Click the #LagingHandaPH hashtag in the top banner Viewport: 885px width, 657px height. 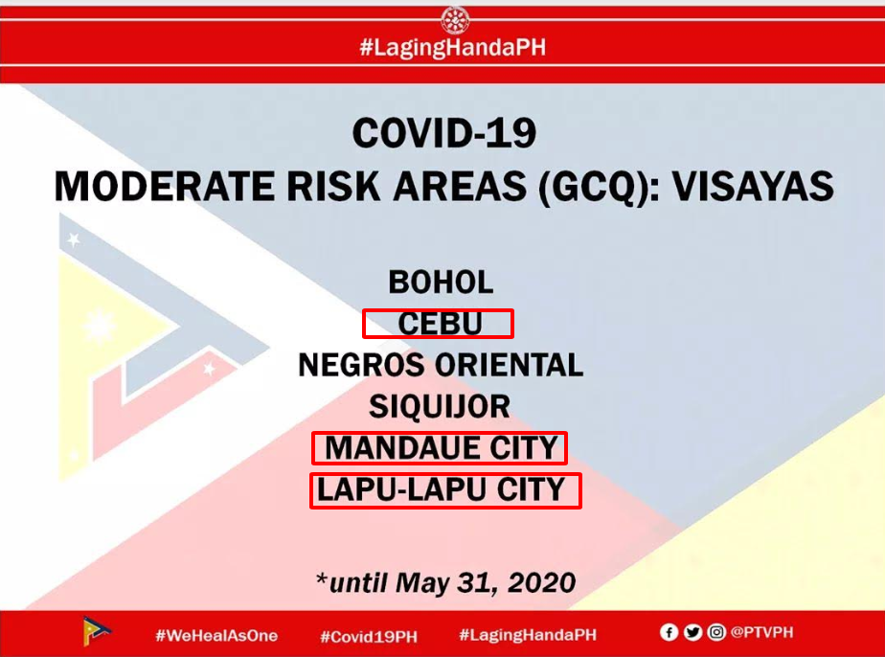click(453, 48)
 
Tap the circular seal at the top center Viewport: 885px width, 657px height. click(455, 20)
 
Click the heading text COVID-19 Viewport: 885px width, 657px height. click(444, 134)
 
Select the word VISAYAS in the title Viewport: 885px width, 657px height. click(753, 187)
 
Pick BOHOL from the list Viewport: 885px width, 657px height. click(441, 283)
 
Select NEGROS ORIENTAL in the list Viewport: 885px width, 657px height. click(441, 365)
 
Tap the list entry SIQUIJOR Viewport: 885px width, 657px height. click(440, 406)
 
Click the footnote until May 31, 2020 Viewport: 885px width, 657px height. click(446, 582)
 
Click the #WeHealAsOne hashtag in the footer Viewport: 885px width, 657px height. click(216, 636)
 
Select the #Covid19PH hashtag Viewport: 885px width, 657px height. click(369, 637)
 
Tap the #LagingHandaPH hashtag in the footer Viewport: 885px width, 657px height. click(528, 635)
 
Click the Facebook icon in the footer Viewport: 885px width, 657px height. click(669, 632)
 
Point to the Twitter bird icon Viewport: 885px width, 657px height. click(692, 632)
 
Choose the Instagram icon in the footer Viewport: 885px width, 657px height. click(716, 632)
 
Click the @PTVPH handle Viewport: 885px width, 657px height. click(762, 632)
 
